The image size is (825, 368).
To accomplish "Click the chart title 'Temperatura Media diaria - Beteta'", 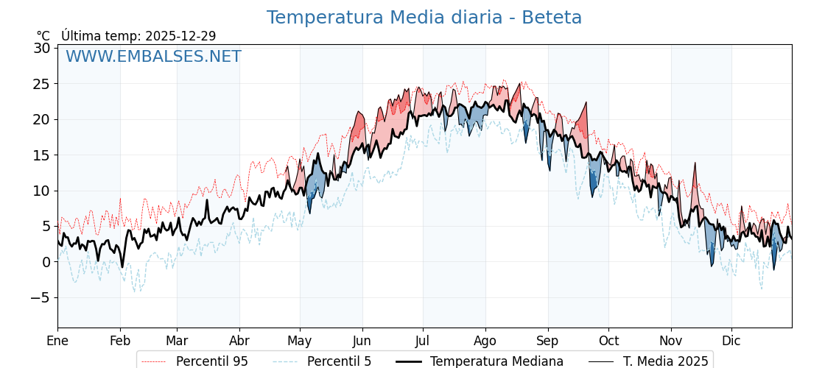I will pyautogui.click(x=424, y=18).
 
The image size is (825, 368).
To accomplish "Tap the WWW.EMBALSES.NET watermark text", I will pyautogui.click(x=153, y=57).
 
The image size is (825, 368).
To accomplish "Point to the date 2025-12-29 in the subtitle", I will pyautogui.click(x=180, y=36).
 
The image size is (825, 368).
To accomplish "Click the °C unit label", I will pyautogui.click(x=43, y=36).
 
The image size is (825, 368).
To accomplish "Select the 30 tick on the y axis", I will pyautogui.click(x=41, y=48).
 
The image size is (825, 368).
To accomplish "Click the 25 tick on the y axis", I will pyautogui.click(x=41, y=84).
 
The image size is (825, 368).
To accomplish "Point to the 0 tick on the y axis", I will pyautogui.click(x=46, y=262).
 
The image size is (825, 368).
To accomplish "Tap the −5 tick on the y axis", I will pyautogui.click(x=39, y=297).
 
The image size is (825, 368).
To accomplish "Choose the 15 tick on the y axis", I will pyautogui.click(x=41, y=155).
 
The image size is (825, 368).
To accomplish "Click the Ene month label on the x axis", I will pyautogui.click(x=57, y=341).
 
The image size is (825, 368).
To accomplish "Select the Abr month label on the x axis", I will pyautogui.click(x=239, y=341).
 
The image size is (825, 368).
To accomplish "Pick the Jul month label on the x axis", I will pyautogui.click(x=423, y=341).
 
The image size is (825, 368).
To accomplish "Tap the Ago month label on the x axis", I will pyautogui.click(x=485, y=341).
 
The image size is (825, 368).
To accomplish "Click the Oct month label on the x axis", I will pyautogui.click(x=608, y=341).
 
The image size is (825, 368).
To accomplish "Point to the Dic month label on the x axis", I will pyautogui.click(x=731, y=341).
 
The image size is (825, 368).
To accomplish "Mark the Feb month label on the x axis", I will pyautogui.click(x=120, y=341).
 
